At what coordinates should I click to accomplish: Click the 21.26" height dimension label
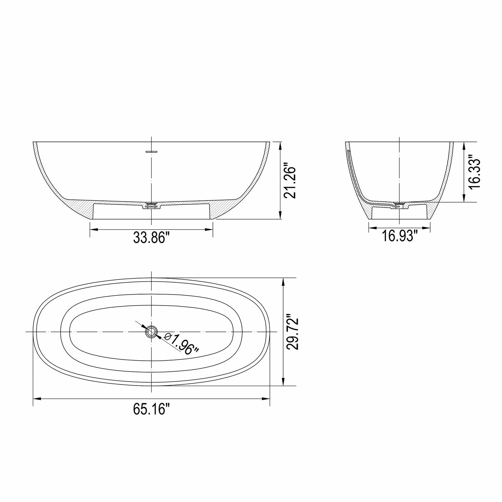(290, 181)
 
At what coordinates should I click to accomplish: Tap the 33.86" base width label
(152, 238)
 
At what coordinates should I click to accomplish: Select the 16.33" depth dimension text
(475, 172)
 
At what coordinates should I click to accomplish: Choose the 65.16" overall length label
(152, 409)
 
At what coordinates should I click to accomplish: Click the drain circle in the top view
(152, 332)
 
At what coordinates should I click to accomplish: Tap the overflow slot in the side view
(152, 152)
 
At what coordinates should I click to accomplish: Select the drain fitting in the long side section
(152, 205)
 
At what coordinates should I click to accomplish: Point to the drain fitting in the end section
(400, 205)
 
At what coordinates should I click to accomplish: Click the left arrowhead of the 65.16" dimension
(36, 399)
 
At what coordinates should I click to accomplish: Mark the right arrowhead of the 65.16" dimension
(266, 399)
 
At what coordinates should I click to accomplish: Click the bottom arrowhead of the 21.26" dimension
(280, 216)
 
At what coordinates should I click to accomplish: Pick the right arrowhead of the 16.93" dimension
(427, 229)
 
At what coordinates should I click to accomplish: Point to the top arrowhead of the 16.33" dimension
(464, 145)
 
